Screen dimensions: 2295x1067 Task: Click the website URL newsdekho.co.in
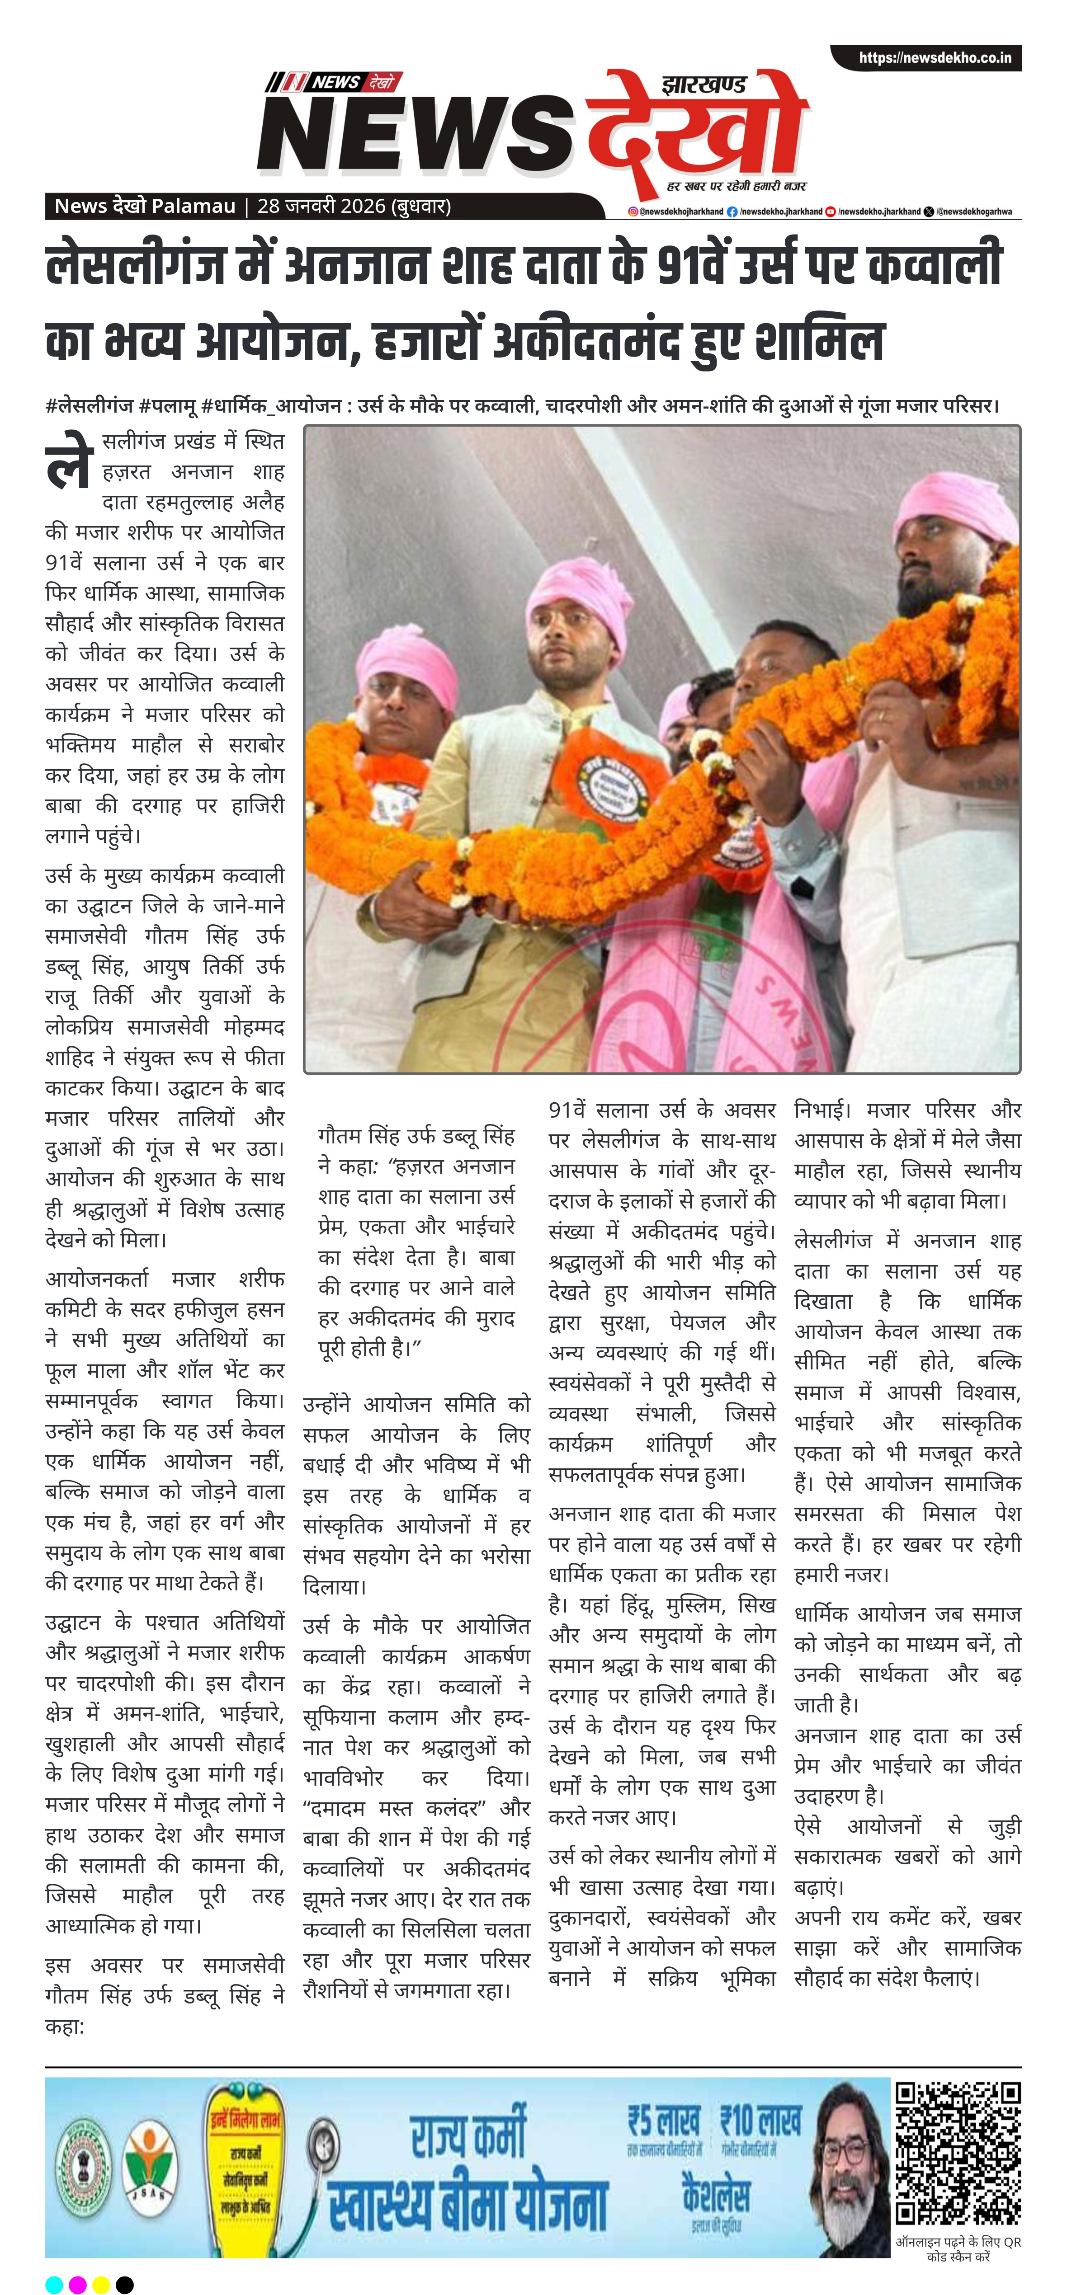[934, 58]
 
